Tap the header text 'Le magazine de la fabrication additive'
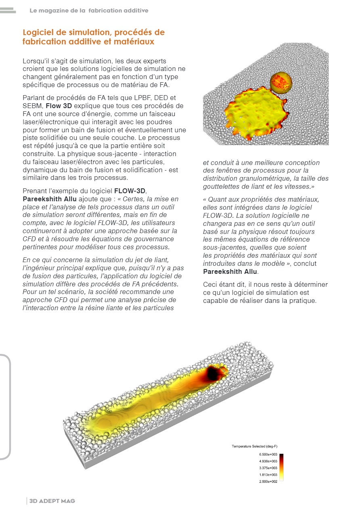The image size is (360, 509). coord(89,10)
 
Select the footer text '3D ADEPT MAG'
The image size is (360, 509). coord(52,501)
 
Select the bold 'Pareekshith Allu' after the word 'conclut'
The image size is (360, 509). coord(230,271)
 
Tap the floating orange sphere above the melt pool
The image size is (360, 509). coord(280,83)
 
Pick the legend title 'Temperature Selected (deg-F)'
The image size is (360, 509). coord(254,446)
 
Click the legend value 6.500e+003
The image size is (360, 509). coord(268,455)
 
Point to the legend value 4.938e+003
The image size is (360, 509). coord(268,461)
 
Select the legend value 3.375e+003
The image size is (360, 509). coord(268,468)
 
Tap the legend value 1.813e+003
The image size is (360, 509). coord(268,475)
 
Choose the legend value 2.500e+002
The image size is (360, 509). coord(268,481)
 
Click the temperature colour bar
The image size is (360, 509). coord(281,468)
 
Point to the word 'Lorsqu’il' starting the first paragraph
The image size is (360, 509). coord(37,61)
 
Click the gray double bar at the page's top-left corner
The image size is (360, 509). coord(8,10)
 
